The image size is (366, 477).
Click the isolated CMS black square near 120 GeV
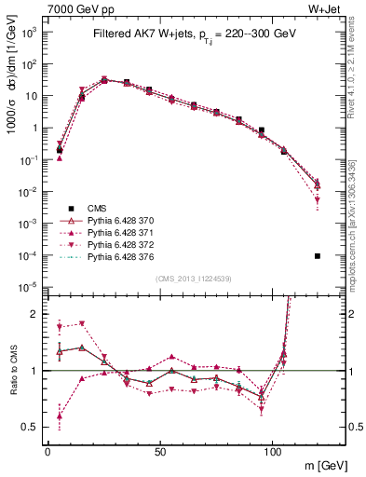pyautogui.click(x=318, y=255)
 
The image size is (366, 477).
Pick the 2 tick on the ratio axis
pyautogui.click(x=36, y=314)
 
